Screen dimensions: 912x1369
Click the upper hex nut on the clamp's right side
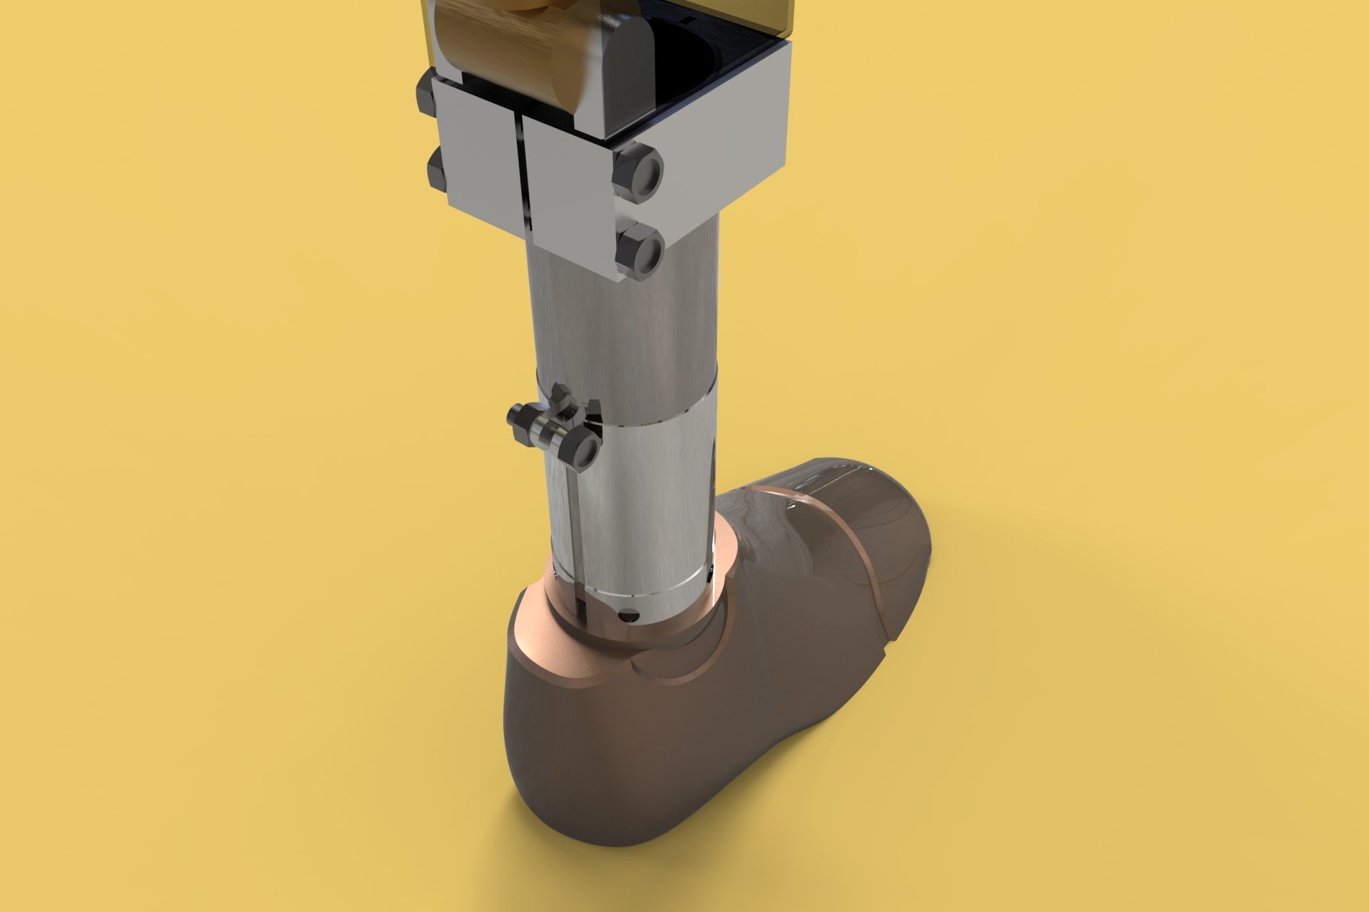(639, 172)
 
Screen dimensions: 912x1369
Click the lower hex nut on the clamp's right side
(639, 251)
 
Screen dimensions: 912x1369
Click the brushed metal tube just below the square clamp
(620, 328)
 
